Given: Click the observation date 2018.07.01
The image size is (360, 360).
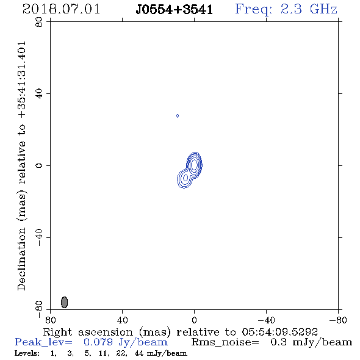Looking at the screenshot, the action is pos(61,9).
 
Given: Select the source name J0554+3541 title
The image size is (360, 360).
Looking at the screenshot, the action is pos(175,10).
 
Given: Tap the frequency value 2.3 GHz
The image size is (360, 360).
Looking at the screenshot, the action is pos(309,9).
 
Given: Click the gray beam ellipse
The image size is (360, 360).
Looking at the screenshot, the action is pos(65,302).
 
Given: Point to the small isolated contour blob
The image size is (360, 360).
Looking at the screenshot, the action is pos(178,116).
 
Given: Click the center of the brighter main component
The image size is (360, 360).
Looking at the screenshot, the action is pos(194,164).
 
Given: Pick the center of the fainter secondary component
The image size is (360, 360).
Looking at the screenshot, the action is pos(185,178).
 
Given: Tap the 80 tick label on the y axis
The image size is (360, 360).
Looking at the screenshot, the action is pos(39,22).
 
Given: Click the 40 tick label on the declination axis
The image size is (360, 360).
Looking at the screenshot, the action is pos(39,94).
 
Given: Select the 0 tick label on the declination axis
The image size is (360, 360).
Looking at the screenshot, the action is pos(39,165).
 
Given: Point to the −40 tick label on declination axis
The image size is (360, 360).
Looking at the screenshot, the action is pos(39,237).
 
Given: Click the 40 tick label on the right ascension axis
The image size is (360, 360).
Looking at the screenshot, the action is pos(122,320).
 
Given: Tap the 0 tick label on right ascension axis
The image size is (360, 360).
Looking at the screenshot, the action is pos(194,320).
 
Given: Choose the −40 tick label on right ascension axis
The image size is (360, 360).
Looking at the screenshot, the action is pos(266,320).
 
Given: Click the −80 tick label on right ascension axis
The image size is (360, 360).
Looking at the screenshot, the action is pos(338,320).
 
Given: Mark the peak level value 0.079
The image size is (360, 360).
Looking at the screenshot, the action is pos(98,342).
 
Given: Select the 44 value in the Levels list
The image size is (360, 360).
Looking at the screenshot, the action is pos(139,353).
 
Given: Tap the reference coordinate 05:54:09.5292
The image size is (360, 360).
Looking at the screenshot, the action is pos(279,332).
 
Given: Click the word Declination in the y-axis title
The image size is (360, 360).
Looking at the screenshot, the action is pos(21,259).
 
